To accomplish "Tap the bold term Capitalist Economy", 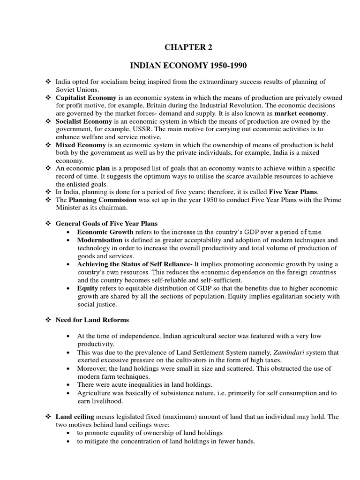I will pos(86,98).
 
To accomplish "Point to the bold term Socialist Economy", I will pos(82,121).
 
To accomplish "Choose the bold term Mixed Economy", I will pos(79,145).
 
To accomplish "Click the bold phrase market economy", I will pos(301,113).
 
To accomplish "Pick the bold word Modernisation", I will pos(100,240).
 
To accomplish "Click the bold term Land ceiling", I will pos(75,417).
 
